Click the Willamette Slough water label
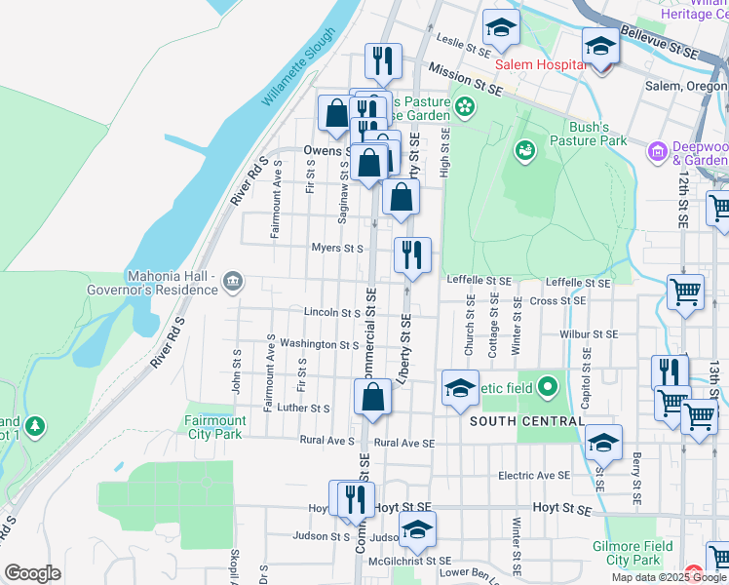[298, 69]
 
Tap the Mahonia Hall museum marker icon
[233, 283]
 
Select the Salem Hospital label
[540, 64]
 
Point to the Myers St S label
[338, 249]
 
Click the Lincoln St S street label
[332, 313]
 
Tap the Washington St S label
[320, 344]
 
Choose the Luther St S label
[304, 408]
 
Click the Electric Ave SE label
[533, 476]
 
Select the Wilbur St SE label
[589, 333]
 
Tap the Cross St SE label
[557, 301]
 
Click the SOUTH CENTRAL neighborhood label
[527, 421]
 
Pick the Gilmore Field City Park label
[633, 553]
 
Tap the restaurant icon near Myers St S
[412, 255]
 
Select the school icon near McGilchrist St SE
[417, 529]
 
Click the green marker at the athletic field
[547, 388]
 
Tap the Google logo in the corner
[32, 573]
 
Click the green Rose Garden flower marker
[465, 105]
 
